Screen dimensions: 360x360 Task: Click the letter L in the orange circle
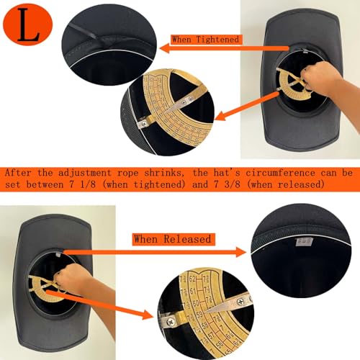(29, 27)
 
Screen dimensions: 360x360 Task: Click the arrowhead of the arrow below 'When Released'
(249, 252)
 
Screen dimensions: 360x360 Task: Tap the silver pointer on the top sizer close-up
(189, 100)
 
